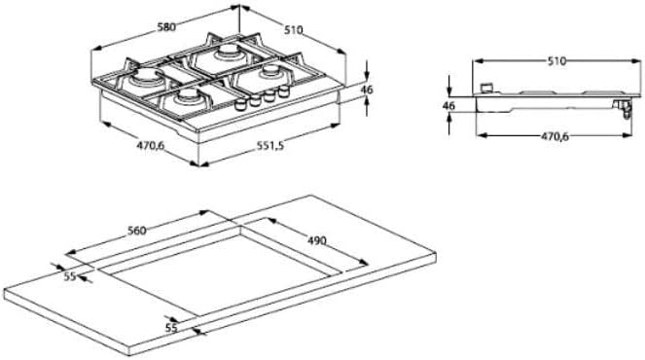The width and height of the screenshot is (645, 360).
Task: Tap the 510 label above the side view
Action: coord(555,60)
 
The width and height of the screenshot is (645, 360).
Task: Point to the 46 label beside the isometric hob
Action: coord(367,90)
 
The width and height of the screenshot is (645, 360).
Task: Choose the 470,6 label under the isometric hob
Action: coord(123,146)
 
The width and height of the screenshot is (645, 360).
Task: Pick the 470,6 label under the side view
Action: coord(554,137)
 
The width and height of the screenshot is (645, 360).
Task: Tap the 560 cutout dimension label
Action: coord(136,231)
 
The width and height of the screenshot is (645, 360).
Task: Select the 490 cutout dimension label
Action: coord(316,239)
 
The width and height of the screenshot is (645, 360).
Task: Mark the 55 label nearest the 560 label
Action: coord(69,276)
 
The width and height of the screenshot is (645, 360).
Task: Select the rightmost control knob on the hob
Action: coord(284,90)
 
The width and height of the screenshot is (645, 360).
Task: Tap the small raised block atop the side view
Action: coord(484,86)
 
